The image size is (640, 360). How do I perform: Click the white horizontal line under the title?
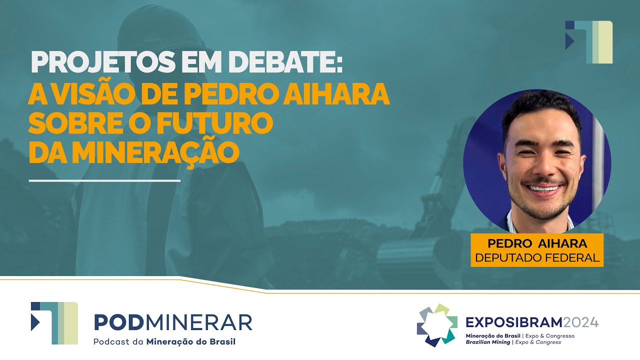104,180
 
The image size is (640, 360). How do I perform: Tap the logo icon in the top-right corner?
588,42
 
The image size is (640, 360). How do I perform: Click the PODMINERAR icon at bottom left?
54,323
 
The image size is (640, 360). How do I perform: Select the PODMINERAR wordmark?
173,323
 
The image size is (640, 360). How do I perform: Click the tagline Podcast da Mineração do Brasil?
164,342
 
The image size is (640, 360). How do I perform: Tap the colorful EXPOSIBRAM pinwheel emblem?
437,325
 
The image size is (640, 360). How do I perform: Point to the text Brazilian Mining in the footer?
488,342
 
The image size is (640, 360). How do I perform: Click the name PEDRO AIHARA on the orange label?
537,244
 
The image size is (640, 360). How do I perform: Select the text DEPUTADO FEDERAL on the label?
537,258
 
